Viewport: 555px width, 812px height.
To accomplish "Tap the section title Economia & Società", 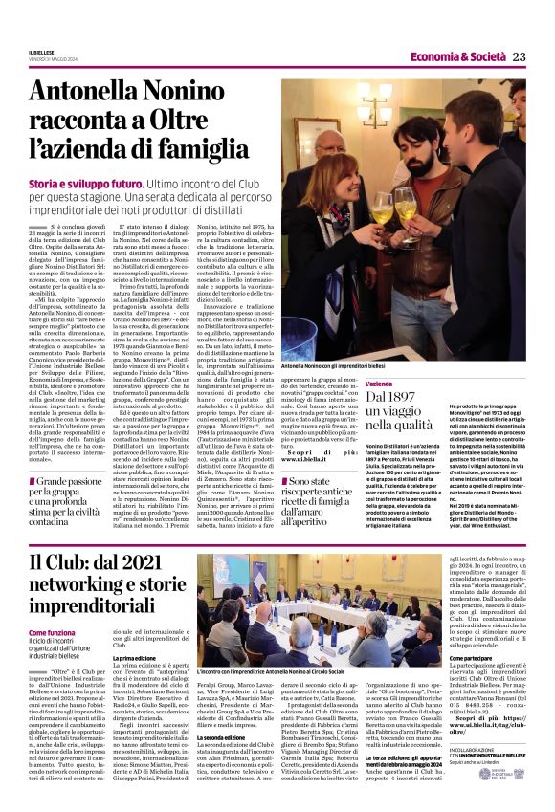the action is point(452,57).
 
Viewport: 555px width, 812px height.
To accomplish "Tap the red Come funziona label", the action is point(53,632).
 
